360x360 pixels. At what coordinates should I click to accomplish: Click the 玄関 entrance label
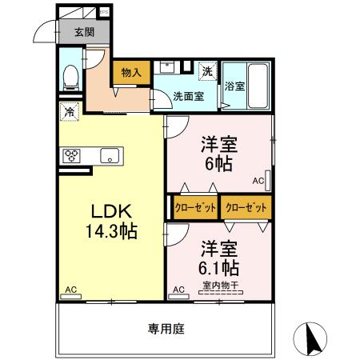pos(84,33)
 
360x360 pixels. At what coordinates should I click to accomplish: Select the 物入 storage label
pos(130,73)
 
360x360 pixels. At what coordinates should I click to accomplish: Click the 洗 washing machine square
pos(206,71)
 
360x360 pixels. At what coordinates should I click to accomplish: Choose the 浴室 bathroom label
pos(235,86)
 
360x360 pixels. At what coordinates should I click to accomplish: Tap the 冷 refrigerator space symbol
pos(70,113)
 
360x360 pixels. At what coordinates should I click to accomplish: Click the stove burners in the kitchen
pos(70,155)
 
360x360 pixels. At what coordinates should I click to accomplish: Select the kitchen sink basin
pos(109,155)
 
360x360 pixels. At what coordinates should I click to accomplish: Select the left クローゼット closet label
pos(195,208)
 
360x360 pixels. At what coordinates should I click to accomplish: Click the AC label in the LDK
pos(70,289)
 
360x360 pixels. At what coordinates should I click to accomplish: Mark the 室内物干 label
pos(221,286)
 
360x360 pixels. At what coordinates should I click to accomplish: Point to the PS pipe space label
pos(104,13)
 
